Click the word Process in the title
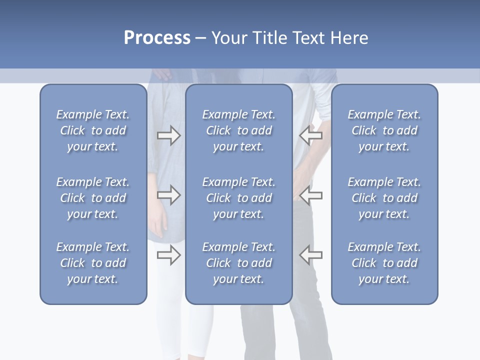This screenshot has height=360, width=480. pyautogui.click(x=157, y=38)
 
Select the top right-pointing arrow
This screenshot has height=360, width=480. pyautogui.click(x=169, y=135)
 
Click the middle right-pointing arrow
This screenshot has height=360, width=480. pyautogui.click(x=169, y=195)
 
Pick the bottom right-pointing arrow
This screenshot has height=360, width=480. pyautogui.click(x=169, y=255)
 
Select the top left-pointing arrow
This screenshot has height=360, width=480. pyautogui.click(x=310, y=135)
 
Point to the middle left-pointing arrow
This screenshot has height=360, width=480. pyautogui.click(x=310, y=195)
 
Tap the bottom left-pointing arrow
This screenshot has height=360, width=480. pyautogui.click(x=310, y=255)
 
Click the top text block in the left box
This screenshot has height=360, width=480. pyautogui.click(x=93, y=130)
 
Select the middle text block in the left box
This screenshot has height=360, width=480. pyautogui.click(x=93, y=198)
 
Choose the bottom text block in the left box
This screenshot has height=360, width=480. pyautogui.click(x=93, y=263)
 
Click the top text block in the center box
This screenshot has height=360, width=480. pyautogui.click(x=238, y=130)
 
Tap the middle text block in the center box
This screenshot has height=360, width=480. pyautogui.click(x=238, y=198)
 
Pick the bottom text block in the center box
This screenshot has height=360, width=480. pyautogui.click(x=238, y=263)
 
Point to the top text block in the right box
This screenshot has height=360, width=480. pyautogui.click(x=384, y=130)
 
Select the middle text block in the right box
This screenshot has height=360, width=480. pyautogui.click(x=384, y=198)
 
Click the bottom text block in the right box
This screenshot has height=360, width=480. pyautogui.click(x=384, y=263)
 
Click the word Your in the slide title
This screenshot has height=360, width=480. pyautogui.click(x=228, y=38)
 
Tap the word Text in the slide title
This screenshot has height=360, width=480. pyautogui.click(x=308, y=38)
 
